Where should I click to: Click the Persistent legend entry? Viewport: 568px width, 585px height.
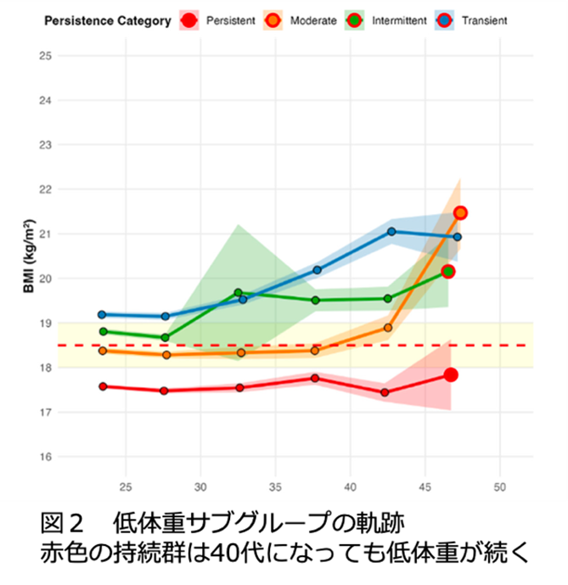217,20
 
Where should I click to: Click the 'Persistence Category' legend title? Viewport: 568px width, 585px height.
108,20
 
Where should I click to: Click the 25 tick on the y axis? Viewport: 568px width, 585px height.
46,56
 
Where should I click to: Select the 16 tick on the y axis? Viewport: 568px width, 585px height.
46,457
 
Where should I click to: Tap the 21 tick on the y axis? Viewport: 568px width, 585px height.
46,234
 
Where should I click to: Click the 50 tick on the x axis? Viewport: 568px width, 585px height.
499,487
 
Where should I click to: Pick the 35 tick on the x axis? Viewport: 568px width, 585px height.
275,487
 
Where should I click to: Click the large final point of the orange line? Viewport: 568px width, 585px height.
460,213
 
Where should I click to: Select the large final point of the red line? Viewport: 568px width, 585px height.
451,375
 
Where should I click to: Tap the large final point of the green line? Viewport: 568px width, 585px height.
448,272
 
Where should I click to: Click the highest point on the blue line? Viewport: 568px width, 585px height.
391,231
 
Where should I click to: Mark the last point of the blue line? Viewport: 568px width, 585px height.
457,237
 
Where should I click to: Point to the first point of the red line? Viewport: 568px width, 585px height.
103,386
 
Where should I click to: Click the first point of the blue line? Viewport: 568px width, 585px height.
102,314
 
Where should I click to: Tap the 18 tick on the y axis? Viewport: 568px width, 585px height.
46,368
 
